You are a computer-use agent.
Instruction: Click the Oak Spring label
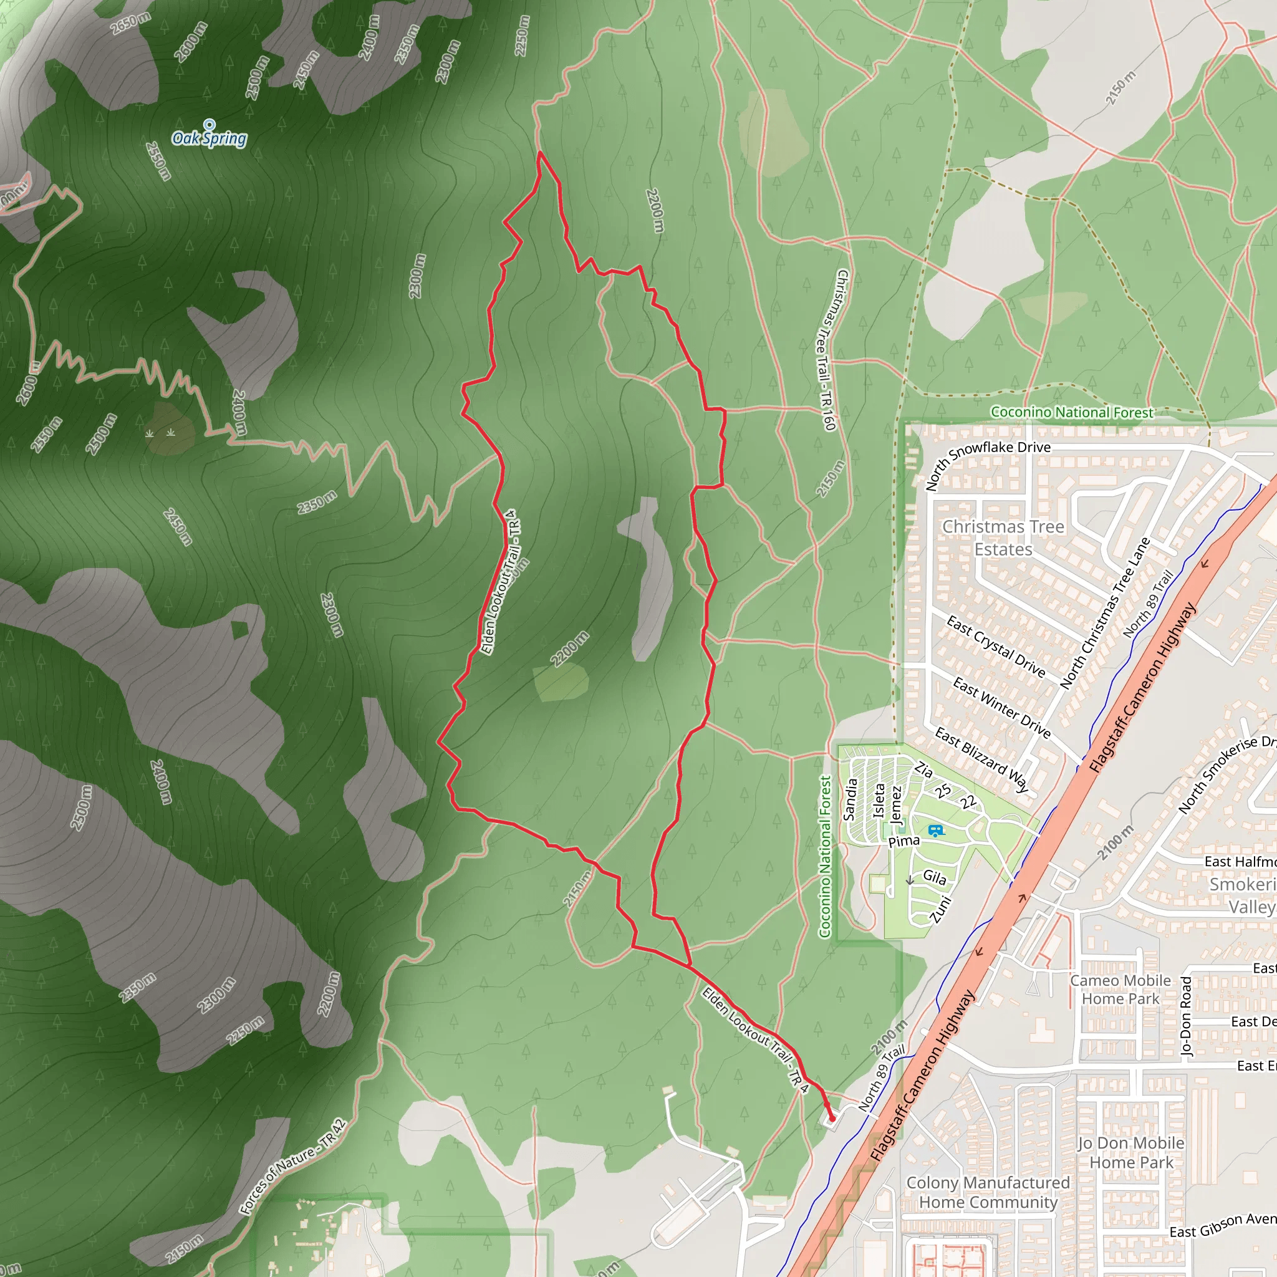point(209,138)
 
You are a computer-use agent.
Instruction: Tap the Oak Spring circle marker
point(210,123)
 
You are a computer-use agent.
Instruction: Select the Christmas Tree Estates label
point(1003,537)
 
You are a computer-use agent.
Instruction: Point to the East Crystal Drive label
point(995,647)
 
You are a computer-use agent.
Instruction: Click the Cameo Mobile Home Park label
point(1120,990)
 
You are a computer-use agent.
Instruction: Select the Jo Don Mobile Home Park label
point(1131,1153)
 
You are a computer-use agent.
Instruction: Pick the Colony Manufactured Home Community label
point(988,1192)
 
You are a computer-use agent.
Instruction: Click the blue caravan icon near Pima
point(935,831)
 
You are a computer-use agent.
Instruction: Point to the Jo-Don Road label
point(1186,1016)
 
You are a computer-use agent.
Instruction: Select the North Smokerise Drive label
point(1226,773)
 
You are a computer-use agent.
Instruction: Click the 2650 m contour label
point(131,23)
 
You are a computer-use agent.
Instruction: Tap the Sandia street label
point(851,799)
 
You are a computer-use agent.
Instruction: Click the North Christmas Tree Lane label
point(1104,614)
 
